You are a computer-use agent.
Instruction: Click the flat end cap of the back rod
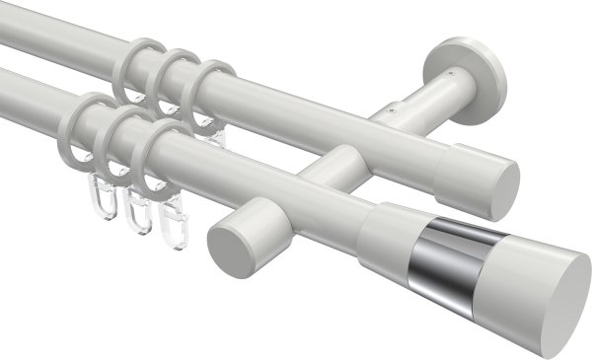[x=501, y=183]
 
